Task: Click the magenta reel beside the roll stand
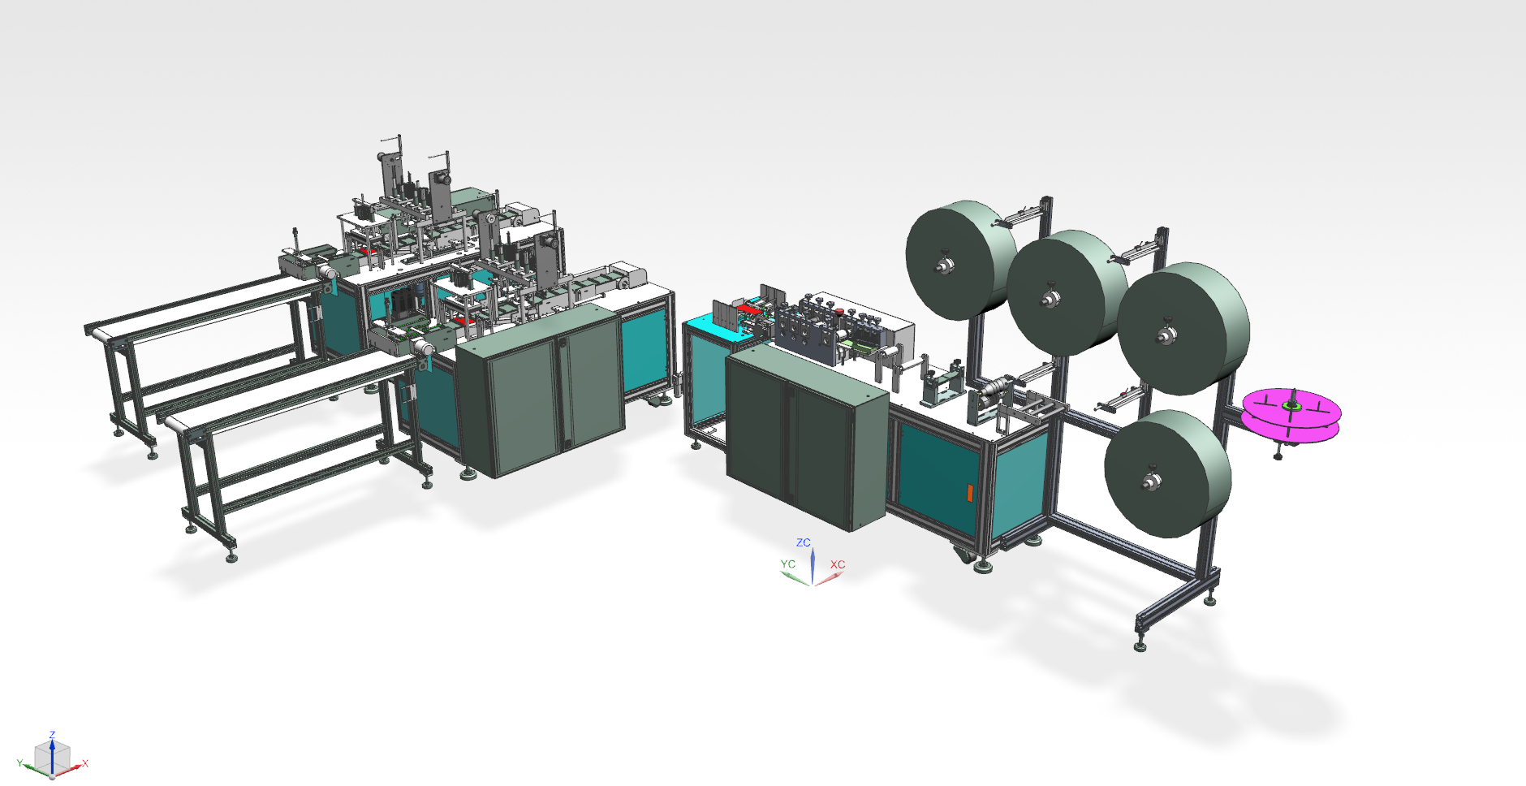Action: [1291, 415]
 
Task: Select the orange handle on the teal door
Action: [969, 494]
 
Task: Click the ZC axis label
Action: [804, 542]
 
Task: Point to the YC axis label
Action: [788, 564]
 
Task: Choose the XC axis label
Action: [838, 564]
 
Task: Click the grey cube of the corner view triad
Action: [52, 758]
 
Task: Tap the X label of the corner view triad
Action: [85, 763]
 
